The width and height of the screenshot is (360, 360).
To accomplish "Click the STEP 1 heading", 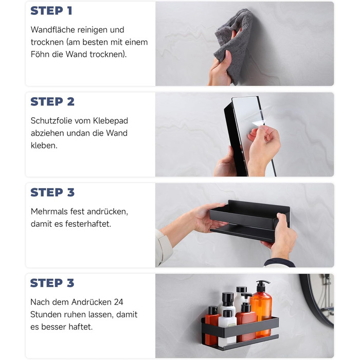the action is (x=51, y=11).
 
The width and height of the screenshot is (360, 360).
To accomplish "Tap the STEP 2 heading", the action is (x=52, y=102).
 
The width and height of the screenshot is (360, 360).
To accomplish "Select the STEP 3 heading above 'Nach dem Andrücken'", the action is (x=52, y=283).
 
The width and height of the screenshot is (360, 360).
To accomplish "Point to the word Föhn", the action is (x=40, y=55).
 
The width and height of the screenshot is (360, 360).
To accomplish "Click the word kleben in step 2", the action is (x=44, y=146).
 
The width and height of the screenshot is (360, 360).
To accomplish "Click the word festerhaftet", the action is (x=88, y=224).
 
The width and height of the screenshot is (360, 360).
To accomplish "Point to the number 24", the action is (x=118, y=302).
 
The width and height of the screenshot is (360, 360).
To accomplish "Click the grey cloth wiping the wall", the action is (x=234, y=44).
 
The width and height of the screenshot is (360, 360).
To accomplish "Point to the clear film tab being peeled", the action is (x=259, y=122).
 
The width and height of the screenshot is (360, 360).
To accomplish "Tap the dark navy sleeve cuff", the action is (x=279, y=263).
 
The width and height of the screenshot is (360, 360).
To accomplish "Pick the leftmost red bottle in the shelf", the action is (x=212, y=323).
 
